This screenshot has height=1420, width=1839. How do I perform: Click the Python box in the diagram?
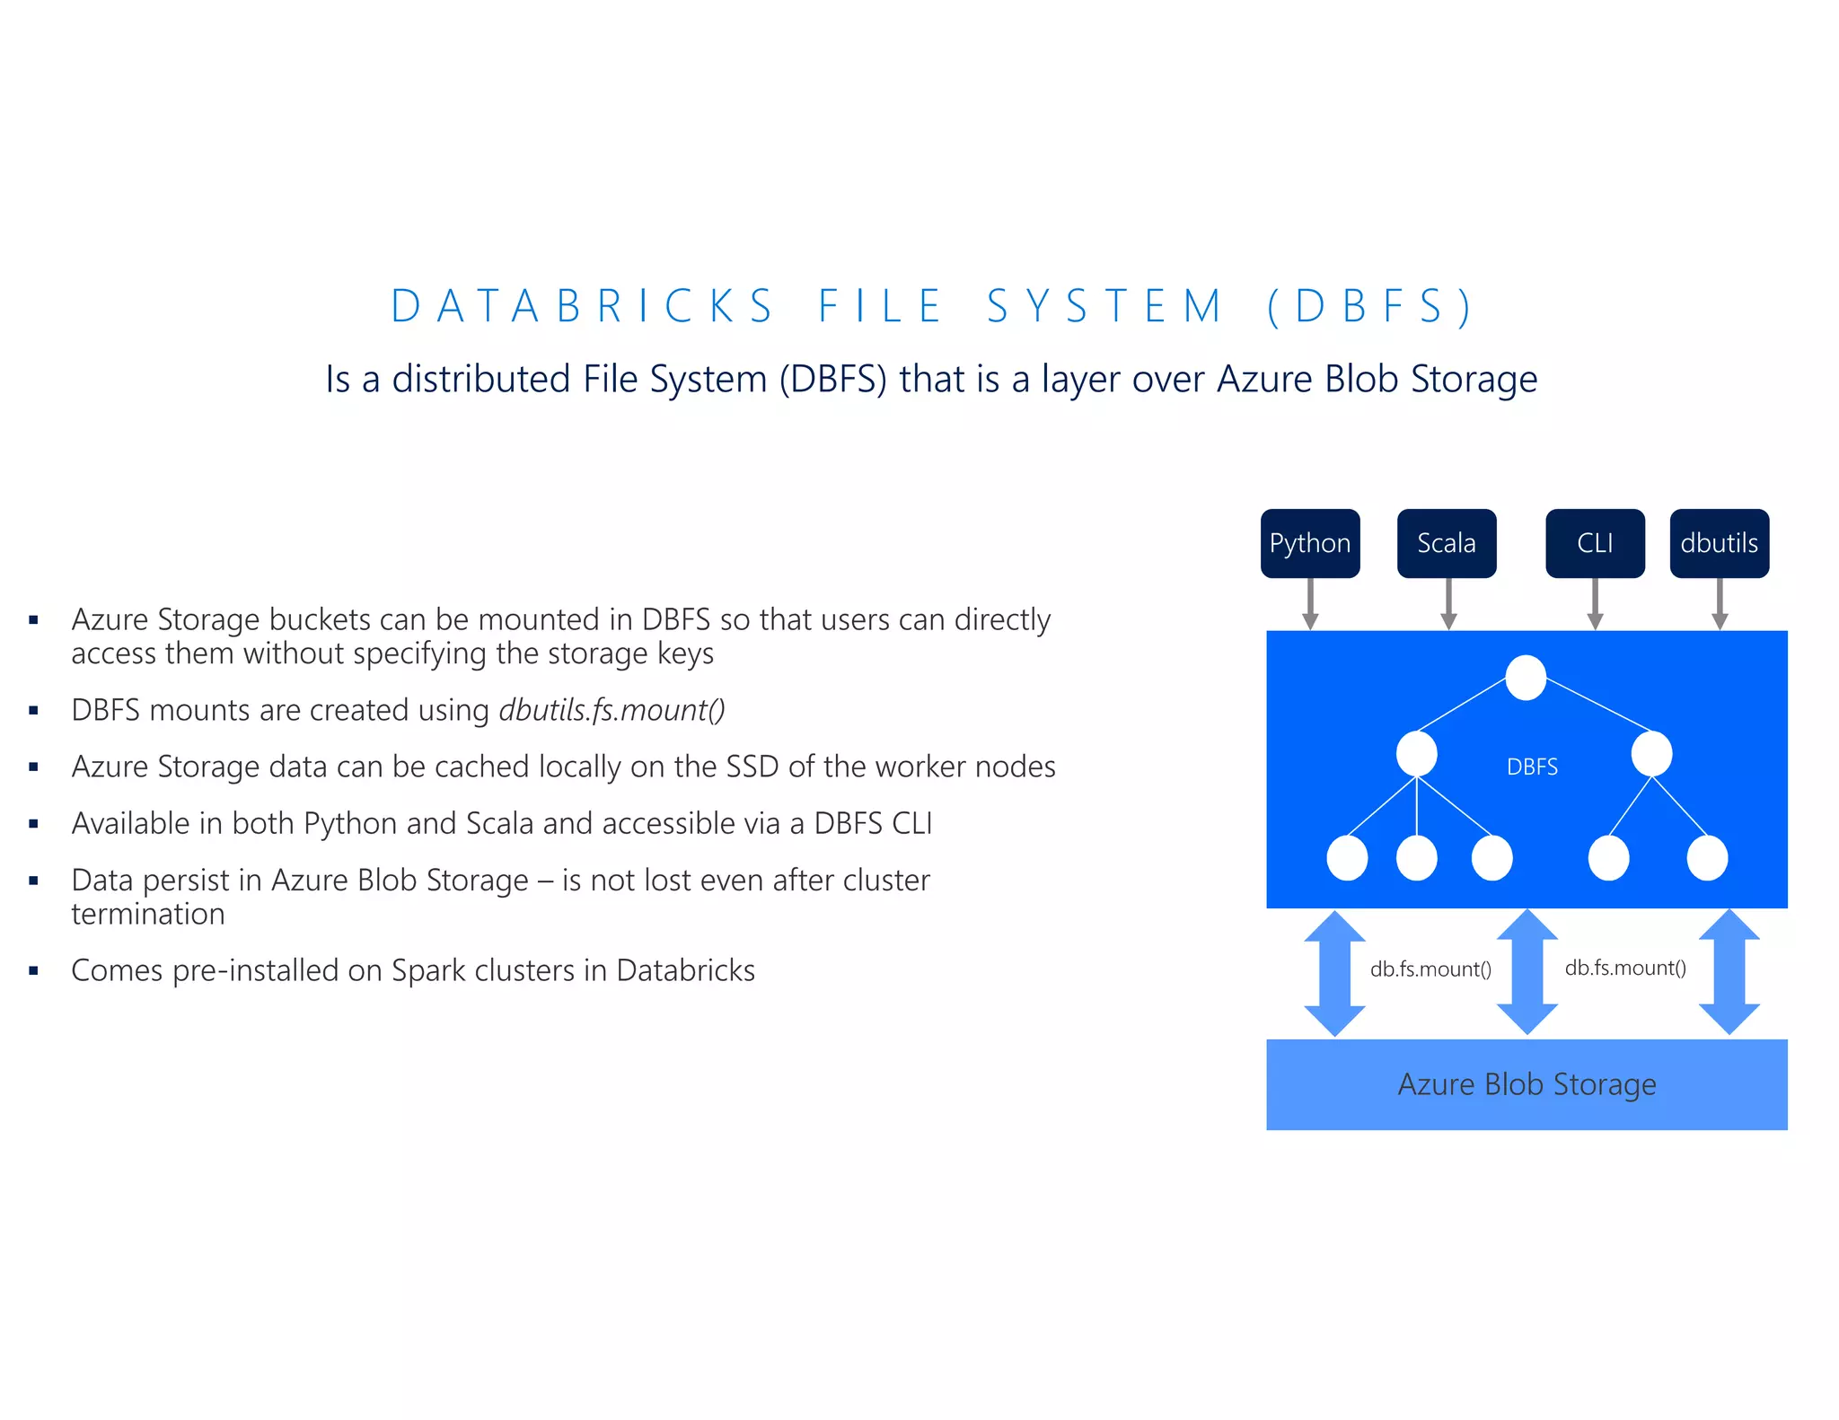[x=1309, y=543]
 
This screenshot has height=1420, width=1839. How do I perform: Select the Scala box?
[x=1446, y=543]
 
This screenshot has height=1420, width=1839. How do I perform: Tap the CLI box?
[x=1595, y=543]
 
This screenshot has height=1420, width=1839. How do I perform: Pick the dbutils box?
[x=1719, y=543]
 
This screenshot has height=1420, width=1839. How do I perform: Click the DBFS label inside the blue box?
[x=1532, y=767]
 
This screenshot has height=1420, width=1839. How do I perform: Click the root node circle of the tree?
[x=1525, y=678]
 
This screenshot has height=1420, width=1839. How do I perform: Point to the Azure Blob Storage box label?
[x=1527, y=1084]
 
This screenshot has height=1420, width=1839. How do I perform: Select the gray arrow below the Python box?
[x=1310, y=604]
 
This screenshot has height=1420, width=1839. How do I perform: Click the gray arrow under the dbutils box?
[x=1720, y=604]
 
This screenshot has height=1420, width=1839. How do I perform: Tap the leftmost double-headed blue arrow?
[x=1334, y=973]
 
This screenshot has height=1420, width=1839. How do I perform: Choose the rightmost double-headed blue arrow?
[x=1729, y=972]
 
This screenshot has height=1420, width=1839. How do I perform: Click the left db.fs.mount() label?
[x=1430, y=969]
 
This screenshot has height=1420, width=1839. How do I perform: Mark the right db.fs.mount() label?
[x=1625, y=968]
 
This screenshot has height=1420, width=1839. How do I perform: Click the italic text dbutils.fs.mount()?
[x=612, y=710]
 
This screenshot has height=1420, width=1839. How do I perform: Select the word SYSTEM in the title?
[x=1104, y=306]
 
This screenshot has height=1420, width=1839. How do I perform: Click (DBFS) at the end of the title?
[x=1370, y=306]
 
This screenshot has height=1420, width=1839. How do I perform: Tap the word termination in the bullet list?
[x=148, y=914]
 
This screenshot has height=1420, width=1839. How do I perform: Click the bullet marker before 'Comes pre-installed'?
[x=34, y=970]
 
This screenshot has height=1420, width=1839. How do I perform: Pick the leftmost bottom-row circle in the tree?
[x=1347, y=858]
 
